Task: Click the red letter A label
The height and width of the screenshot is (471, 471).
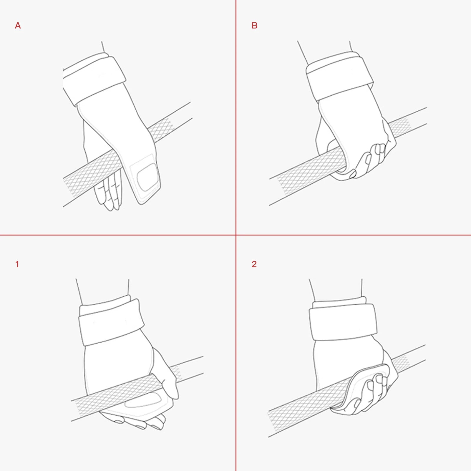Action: pos(18,26)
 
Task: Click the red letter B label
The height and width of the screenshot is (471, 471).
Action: pos(254,26)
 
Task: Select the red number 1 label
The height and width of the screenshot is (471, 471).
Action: pos(17,264)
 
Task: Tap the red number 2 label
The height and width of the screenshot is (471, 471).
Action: pos(254,264)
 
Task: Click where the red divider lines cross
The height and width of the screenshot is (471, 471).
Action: pos(236,235)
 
